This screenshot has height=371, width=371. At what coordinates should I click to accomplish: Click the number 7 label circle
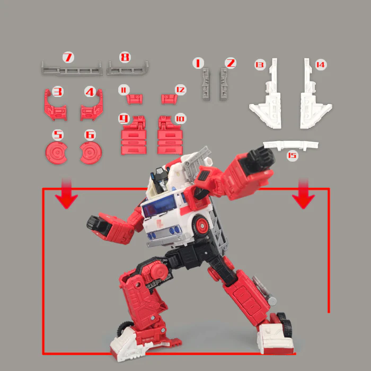click(x=68, y=57)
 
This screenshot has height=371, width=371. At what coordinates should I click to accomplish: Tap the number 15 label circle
click(x=292, y=155)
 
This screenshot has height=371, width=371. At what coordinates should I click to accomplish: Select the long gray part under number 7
click(x=72, y=69)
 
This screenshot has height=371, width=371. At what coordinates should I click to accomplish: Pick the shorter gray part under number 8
click(x=128, y=68)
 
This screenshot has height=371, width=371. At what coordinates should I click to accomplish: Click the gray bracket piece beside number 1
click(x=206, y=84)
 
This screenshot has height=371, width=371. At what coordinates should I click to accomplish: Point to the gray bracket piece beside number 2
click(x=223, y=84)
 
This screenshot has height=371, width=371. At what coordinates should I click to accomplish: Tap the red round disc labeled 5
click(x=56, y=153)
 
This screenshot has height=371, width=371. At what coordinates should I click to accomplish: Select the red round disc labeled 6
click(x=91, y=153)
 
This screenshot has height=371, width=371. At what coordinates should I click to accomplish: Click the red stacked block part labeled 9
click(x=134, y=136)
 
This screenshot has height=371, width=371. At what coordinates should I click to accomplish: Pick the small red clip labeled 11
click(x=135, y=99)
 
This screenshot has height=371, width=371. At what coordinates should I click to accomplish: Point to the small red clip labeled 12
click(x=169, y=99)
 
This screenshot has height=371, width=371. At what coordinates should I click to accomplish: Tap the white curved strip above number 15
click(x=290, y=145)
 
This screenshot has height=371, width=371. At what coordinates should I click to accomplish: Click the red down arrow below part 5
click(x=66, y=193)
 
